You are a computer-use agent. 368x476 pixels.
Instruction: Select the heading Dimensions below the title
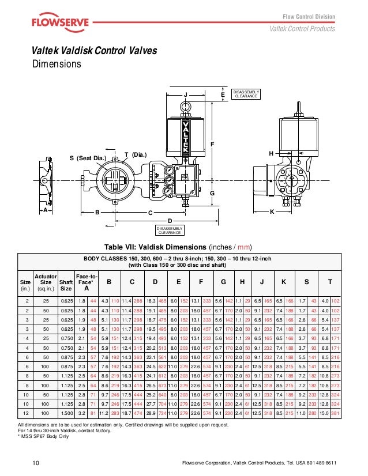(56, 64)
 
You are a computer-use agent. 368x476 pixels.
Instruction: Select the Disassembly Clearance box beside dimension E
(246, 94)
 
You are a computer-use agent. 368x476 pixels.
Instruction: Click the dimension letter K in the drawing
(272, 212)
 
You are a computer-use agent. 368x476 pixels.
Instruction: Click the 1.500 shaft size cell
(66, 414)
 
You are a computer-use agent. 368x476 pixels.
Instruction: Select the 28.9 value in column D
(151, 414)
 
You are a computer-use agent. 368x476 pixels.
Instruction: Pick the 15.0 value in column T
(326, 414)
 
